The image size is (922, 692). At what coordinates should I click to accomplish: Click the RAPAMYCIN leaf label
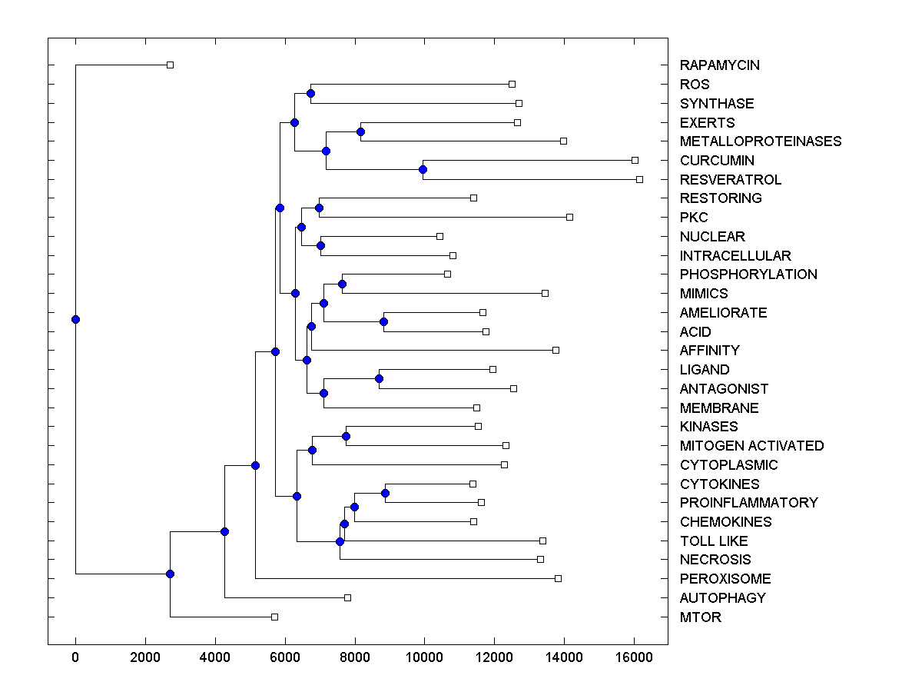(x=719, y=65)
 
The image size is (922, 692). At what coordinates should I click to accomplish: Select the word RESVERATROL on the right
(x=730, y=180)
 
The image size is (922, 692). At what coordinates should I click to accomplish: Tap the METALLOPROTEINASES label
(x=760, y=141)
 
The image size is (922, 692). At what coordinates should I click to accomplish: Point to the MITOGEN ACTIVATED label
(x=751, y=446)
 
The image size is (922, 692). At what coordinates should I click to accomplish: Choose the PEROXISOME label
(x=725, y=579)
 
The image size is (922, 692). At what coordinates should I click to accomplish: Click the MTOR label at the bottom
(x=700, y=617)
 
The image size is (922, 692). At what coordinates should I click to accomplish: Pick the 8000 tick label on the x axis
(x=355, y=657)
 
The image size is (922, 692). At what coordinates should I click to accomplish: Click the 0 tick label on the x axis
(x=75, y=657)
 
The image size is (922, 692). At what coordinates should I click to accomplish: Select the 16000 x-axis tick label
(x=634, y=657)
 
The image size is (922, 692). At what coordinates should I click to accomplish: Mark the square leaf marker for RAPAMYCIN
(x=171, y=65)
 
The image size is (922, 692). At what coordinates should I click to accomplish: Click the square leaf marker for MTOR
(x=274, y=617)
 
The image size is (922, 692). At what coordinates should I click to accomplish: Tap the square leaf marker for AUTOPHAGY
(x=347, y=597)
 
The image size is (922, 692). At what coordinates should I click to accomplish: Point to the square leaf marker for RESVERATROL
(x=639, y=179)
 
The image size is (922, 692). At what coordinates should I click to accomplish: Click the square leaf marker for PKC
(x=569, y=217)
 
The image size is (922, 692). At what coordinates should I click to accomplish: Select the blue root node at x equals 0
(x=75, y=319)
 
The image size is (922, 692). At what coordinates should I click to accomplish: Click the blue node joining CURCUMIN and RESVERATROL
(x=423, y=169)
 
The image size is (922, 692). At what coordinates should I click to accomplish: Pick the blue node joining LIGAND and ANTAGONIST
(x=379, y=378)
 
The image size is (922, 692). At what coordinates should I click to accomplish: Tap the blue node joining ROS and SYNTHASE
(x=310, y=93)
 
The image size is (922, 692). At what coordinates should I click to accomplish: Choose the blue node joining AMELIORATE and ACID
(x=383, y=321)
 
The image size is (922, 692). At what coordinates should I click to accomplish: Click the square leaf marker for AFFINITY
(x=556, y=350)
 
